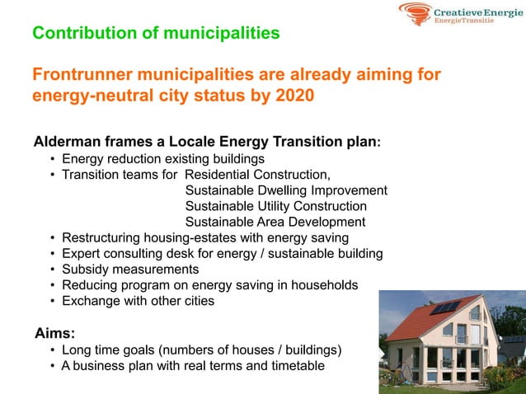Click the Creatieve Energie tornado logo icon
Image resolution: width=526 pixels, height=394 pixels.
pos(415,12)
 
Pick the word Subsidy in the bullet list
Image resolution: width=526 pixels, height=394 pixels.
pos(87,270)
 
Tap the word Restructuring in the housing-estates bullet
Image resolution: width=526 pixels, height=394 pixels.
pos(102,238)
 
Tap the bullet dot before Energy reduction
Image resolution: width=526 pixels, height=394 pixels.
pos(53,159)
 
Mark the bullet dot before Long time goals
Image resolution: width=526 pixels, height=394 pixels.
pos(53,350)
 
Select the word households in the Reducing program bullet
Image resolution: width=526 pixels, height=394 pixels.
pos(326,285)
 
